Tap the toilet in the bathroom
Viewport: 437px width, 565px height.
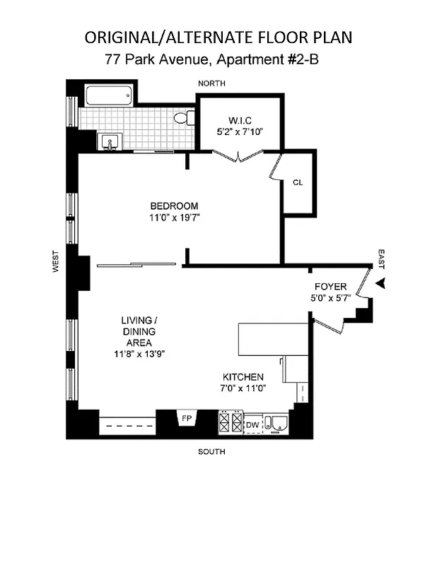[185, 118]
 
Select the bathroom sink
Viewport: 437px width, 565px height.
[110, 142]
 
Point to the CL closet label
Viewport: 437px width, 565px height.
[298, 182]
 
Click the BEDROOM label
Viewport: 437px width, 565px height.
[174, 206]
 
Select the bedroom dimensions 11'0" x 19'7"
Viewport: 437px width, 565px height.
[175, 218]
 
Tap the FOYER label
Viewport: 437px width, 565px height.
[330, 287]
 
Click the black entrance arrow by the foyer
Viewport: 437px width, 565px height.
[381, 283]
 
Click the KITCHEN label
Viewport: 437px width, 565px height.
[243, 377]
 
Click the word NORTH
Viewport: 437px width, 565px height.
[211, 83]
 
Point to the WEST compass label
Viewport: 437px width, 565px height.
[55, 262]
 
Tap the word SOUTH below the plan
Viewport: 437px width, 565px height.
[211, 452]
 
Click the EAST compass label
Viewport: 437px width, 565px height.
[381, 258]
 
